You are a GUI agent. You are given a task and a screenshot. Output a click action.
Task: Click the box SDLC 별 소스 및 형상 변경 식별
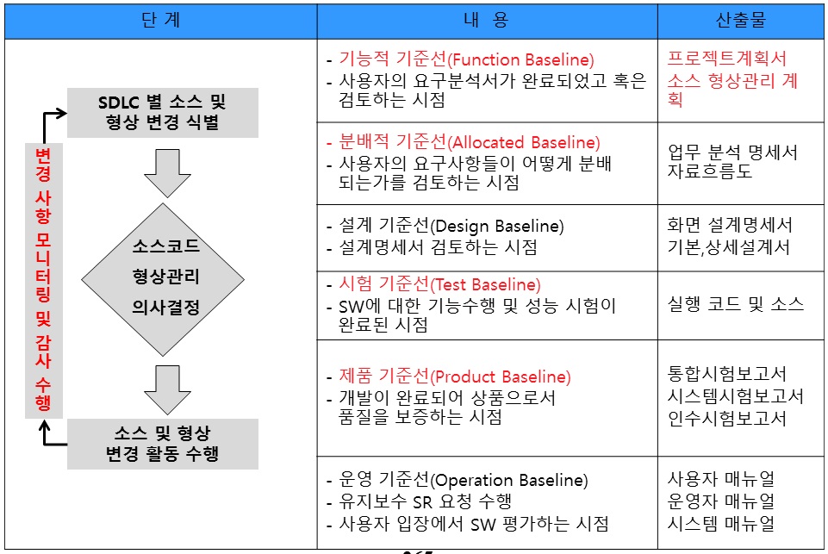point(162,113)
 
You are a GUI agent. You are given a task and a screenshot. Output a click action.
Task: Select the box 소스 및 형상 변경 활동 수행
point(162,443)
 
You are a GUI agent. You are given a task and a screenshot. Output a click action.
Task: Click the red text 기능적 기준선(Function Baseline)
point(466,60)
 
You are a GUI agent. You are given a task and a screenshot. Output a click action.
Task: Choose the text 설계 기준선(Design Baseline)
point(451,226)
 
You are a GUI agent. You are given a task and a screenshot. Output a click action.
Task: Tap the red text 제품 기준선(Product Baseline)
point(455,377)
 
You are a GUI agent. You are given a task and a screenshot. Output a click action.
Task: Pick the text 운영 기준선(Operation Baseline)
point(463,480)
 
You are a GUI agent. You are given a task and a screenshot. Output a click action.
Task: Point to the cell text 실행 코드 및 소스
point(736,303)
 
